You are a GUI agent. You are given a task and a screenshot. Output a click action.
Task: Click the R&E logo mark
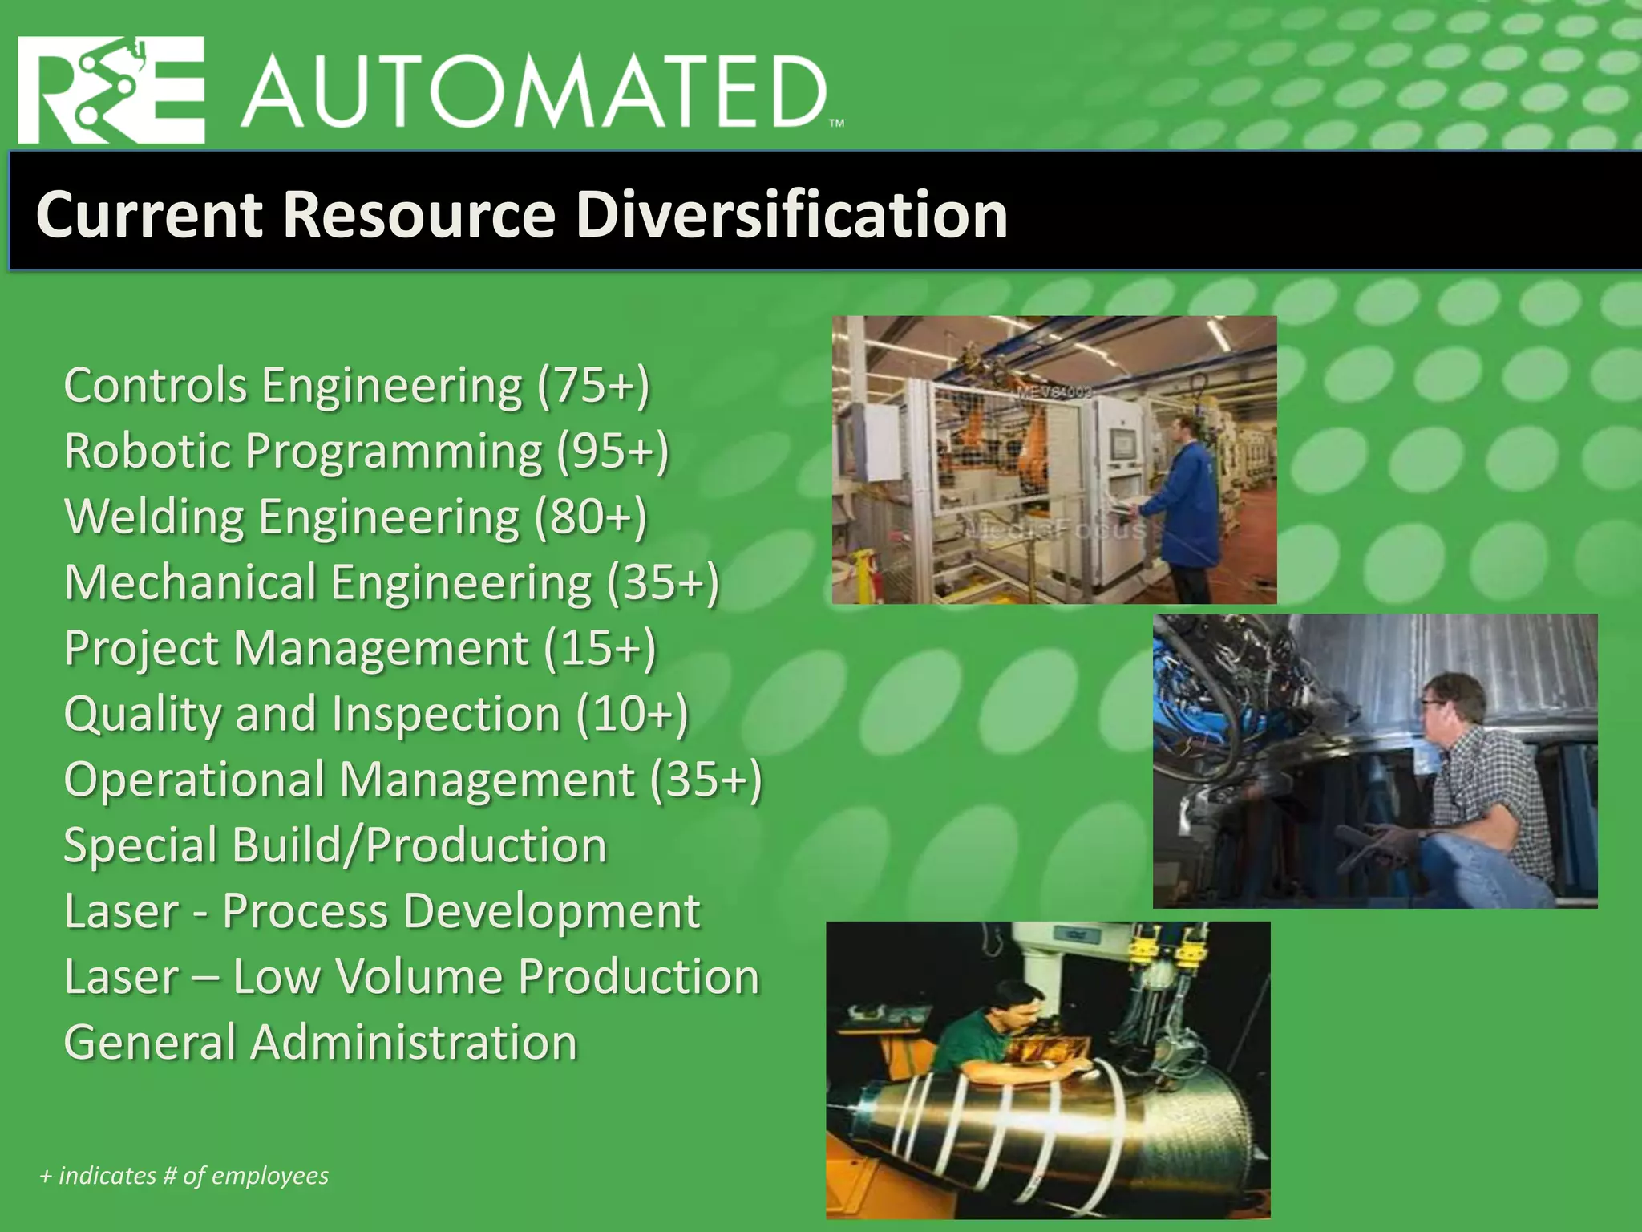pos(111,91)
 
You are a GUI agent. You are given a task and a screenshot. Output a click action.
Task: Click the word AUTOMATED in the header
pos(533,93)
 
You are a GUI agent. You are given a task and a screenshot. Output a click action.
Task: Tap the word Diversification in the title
pos(791,214)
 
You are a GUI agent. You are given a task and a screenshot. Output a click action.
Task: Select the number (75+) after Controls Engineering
pos(593,386)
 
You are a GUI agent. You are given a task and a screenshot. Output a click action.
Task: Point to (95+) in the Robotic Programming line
pos(613,452)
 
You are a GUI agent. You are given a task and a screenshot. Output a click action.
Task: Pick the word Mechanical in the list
pos(190,582)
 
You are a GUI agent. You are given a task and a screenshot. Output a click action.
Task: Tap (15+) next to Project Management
pos(600,648)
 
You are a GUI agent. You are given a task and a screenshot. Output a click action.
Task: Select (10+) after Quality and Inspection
pos(632,714)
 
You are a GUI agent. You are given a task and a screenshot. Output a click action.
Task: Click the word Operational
pos(193,780)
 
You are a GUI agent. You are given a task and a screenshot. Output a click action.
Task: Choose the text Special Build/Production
pos(335,845)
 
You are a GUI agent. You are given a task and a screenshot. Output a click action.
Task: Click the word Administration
pos(415,1043)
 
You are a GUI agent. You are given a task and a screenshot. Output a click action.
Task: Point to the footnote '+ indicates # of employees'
pos(184,1176)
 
